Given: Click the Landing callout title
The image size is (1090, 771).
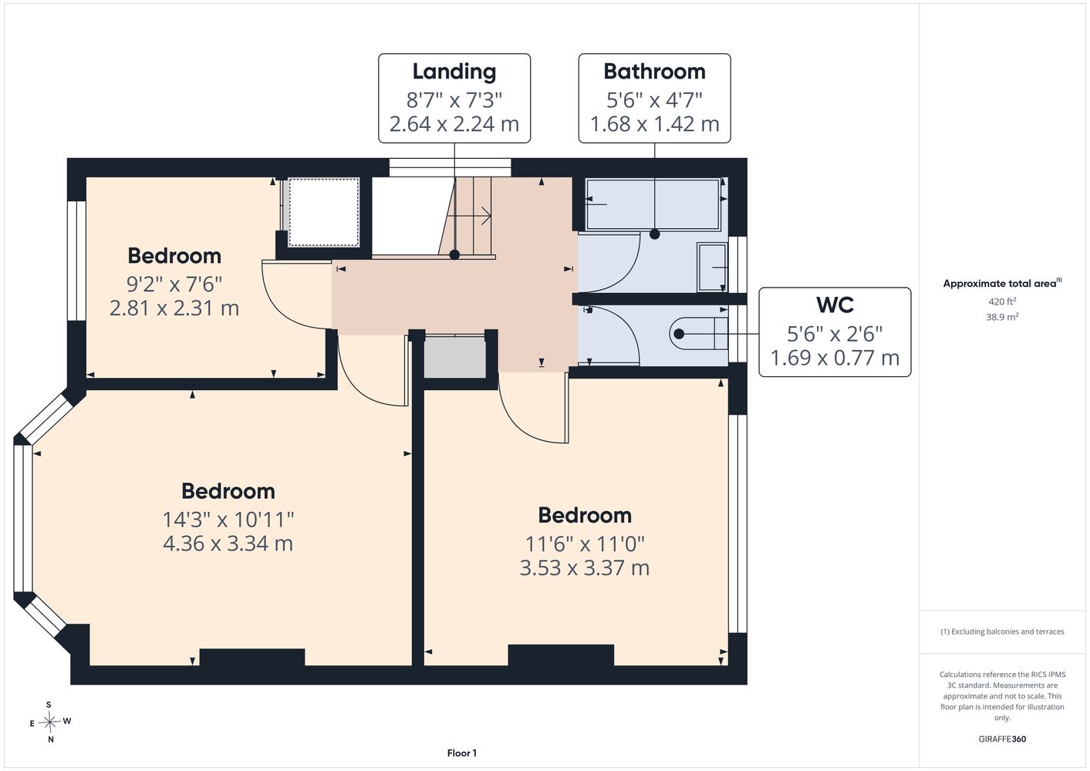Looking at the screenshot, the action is (454, 72).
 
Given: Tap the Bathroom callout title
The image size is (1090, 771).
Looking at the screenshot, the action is (654, 72).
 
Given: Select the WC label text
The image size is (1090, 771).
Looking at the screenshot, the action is (835, 305).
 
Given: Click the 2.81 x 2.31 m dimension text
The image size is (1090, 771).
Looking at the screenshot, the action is (174, 308).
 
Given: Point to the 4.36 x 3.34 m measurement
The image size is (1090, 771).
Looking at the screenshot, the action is (228, 544).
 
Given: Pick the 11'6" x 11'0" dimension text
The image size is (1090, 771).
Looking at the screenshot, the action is (585, 544).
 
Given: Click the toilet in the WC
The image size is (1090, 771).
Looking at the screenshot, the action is (699, 334).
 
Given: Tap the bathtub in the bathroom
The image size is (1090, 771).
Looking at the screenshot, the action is (653, 204).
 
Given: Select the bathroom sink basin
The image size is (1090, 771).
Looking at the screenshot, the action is (712, 267).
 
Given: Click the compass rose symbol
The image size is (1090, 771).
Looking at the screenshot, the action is (49, 722).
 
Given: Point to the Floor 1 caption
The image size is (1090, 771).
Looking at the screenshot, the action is (462, 753).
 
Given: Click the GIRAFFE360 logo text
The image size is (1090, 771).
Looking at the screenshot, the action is (1002, 739).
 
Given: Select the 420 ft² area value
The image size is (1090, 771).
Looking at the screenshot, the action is (1002, 301).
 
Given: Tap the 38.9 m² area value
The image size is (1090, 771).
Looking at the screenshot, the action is (1002, 317).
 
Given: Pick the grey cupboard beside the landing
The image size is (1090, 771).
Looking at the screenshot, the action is (455, 357).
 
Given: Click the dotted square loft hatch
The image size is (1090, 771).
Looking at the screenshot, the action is (323, 213).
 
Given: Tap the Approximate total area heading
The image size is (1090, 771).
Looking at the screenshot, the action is (1002, 283).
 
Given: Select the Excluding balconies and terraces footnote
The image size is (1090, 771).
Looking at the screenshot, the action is (1002, 631).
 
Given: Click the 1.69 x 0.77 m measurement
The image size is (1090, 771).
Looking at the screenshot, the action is (835, 358).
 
